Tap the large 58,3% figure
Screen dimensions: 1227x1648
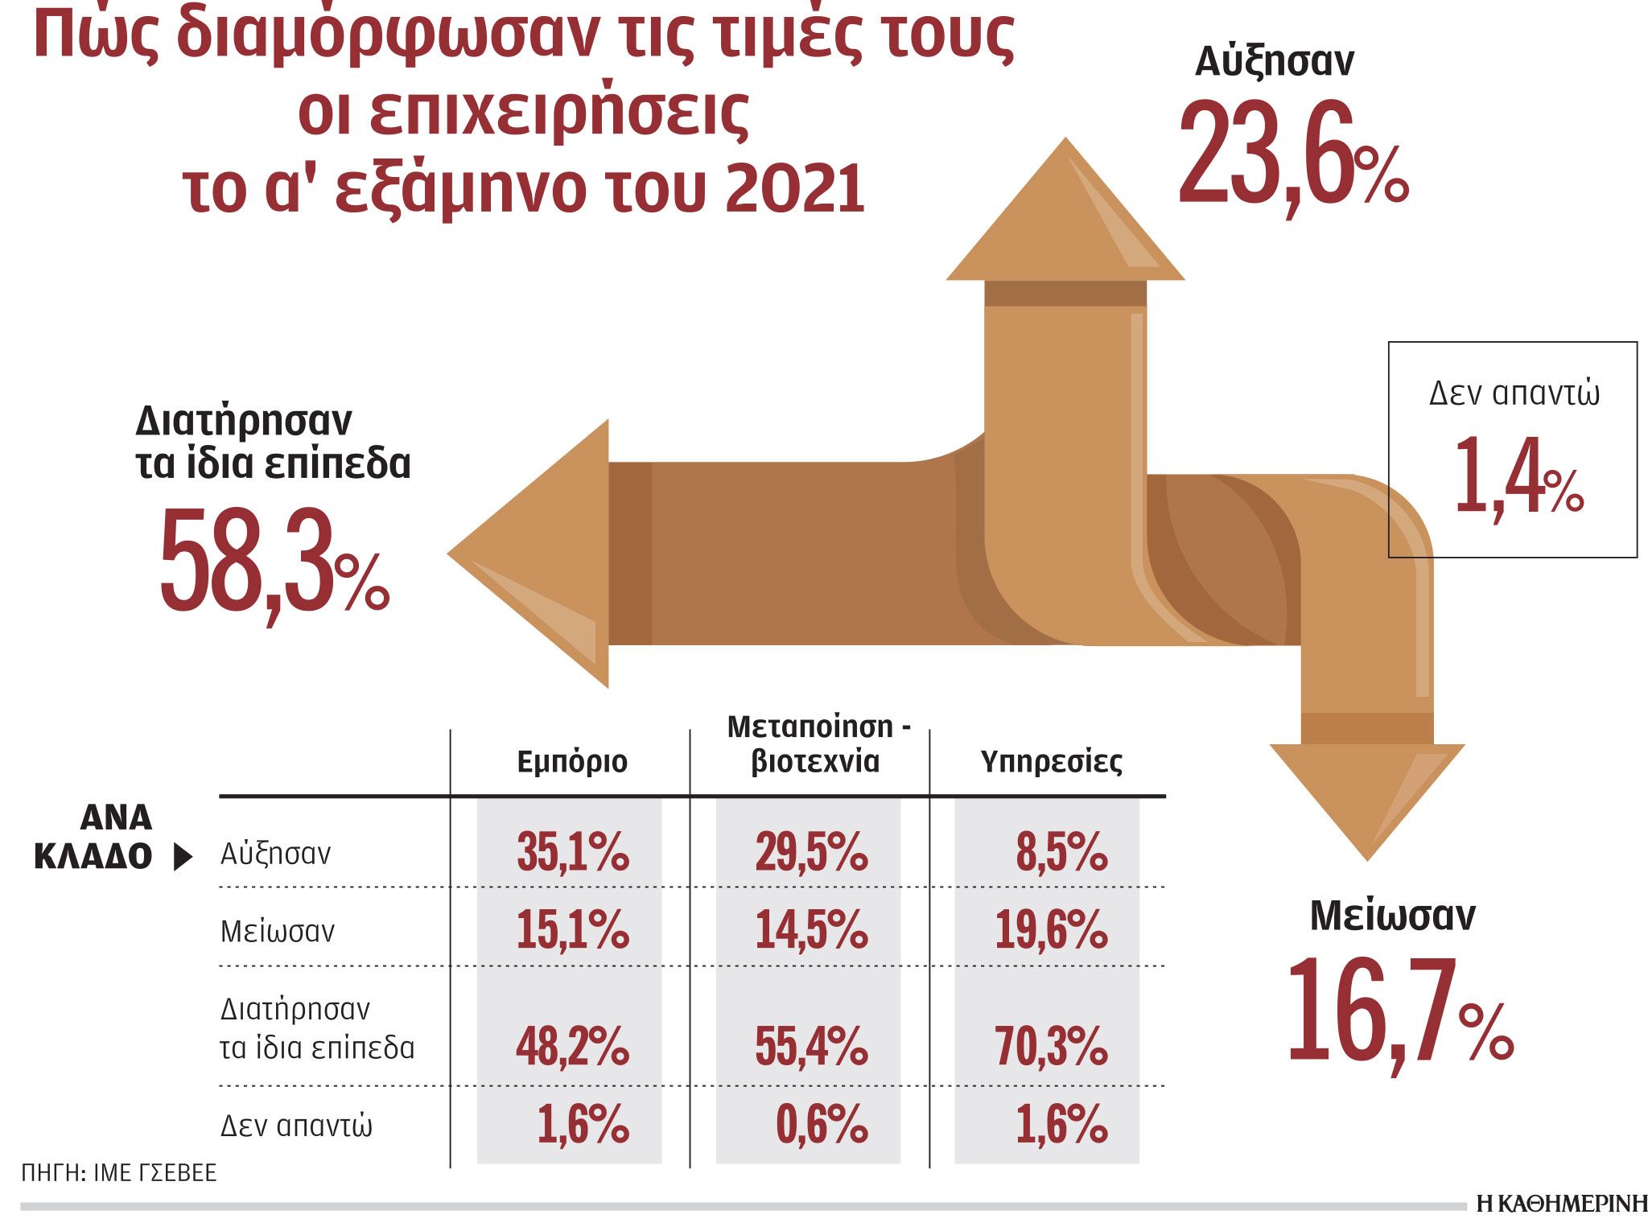(274, 561)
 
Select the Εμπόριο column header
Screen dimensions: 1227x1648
(571, 761)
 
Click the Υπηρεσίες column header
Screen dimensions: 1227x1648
(1051, 761)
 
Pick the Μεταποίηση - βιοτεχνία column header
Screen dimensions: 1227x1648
(816, 744)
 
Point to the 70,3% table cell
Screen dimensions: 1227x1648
(1051, 1045)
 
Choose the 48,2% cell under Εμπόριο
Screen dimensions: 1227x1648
(572, 1045)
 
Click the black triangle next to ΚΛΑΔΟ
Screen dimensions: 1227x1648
(183, 858)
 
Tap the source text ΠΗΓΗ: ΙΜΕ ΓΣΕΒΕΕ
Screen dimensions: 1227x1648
(119, 1172)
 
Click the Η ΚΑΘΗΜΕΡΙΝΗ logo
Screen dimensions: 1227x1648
(1561, 1204)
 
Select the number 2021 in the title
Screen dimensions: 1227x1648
(794, 188)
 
